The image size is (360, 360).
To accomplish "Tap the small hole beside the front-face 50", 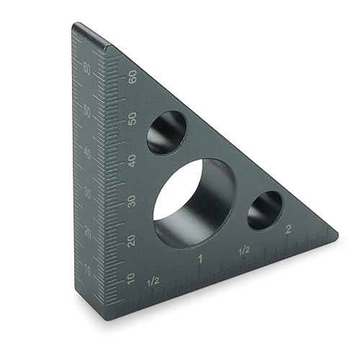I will coord(165,132).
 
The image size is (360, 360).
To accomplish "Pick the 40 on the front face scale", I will coord(132,159).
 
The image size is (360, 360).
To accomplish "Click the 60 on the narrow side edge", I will coord(86,69).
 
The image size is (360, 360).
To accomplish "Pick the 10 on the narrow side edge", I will coord(89,269).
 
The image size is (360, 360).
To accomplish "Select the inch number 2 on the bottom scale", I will coord(288,230).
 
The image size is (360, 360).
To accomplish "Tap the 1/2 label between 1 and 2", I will coord(244,250).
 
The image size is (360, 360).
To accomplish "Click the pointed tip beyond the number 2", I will coord(333,230).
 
